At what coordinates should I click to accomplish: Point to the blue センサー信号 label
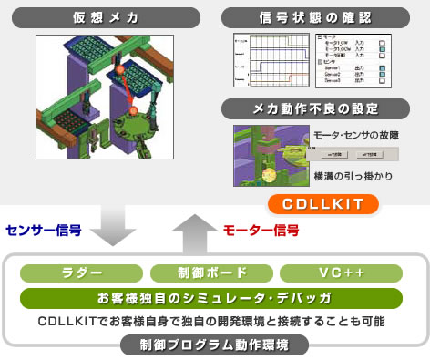click(44, 231)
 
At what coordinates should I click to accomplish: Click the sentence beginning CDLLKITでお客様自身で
click(210, 322)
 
